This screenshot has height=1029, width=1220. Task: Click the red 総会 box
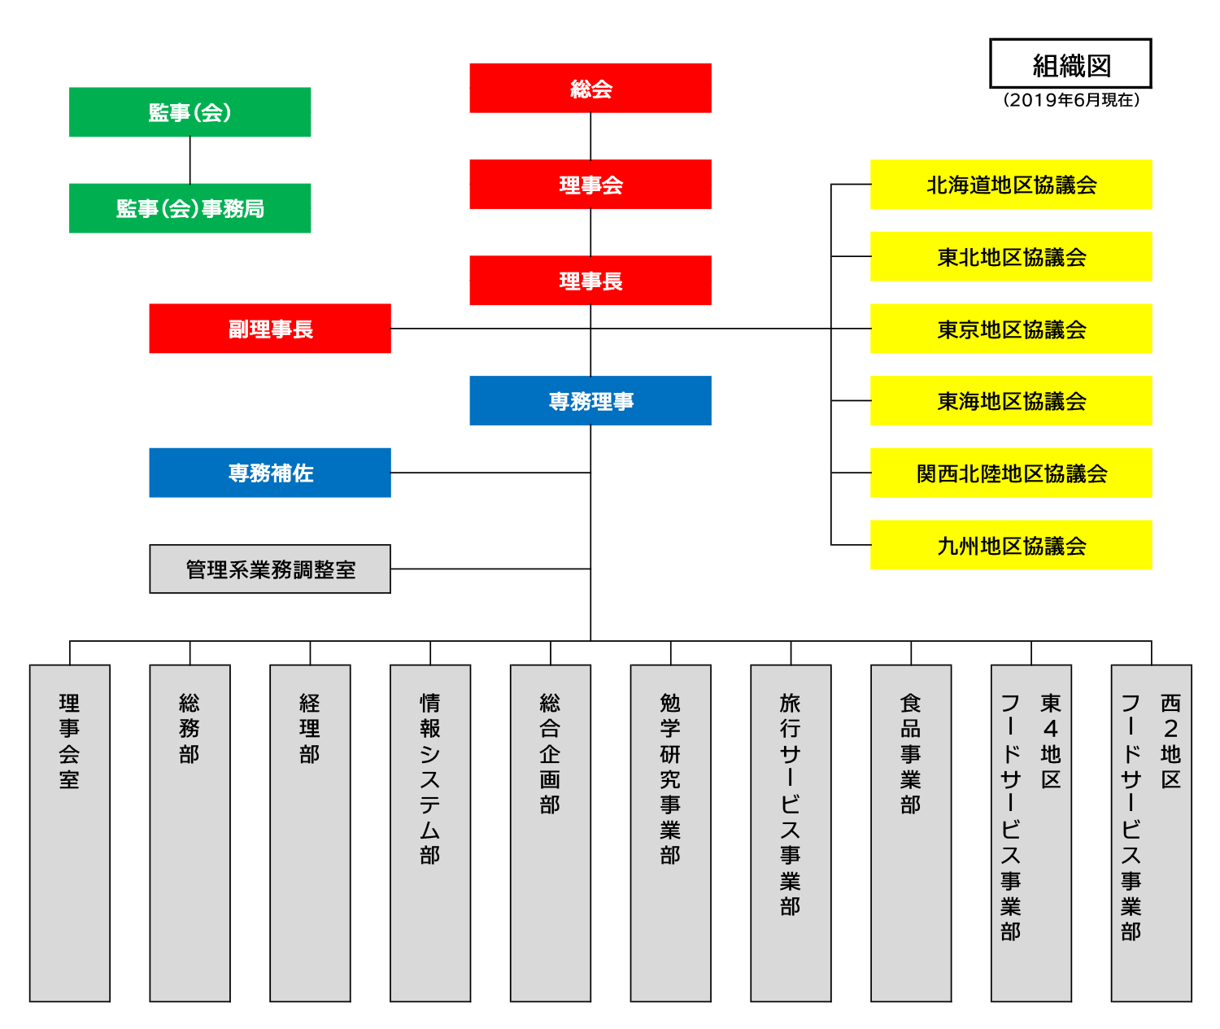pyautogui.click(x=590, y=88)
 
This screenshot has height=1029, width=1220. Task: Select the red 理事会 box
pyautogui.click(x=590, y=184)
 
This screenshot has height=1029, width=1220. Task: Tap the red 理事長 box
pyautogui.click(x=590, y=281)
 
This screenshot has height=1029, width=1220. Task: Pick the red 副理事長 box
pyautogui.click(x=270, y=329)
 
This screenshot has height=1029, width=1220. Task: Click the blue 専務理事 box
pyautogui.click(x=590, y=400)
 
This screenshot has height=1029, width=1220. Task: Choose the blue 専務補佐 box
pyautogui.click(x=270, y=473)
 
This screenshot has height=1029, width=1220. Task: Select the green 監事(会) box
pyautogui.click(x=190, y=112)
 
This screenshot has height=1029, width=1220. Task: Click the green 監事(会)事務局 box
pyautogui.click(x=190, y=208)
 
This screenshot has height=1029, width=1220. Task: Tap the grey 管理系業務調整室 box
pyautogui.click(x=270, y=569)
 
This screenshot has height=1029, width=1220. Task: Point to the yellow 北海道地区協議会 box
pyautogui.click(x=1011, y=184)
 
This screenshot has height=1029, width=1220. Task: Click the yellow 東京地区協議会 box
pyautogui.click(x=1011, y=329)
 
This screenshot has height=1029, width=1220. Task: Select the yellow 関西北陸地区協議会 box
pyautogui.click(x=1011, y=473)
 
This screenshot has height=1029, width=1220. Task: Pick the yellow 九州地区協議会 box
pyautogui.click(x=1011, y=544)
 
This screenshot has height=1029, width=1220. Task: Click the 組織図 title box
pyautogui.click(x=1070, y=63)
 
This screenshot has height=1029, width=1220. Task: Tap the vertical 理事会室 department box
pyautogui.click(x=70, y=833)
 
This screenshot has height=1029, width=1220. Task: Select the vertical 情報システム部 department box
pyautogui.click(x=430, y=833)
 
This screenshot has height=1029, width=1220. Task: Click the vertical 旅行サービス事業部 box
pyautogui.click(x=791, y=833)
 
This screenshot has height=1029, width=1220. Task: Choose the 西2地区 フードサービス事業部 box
pyautogui.click(x=1151, y=833)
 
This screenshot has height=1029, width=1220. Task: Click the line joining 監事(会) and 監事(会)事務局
pyautogui.click(x=190, y=160)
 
